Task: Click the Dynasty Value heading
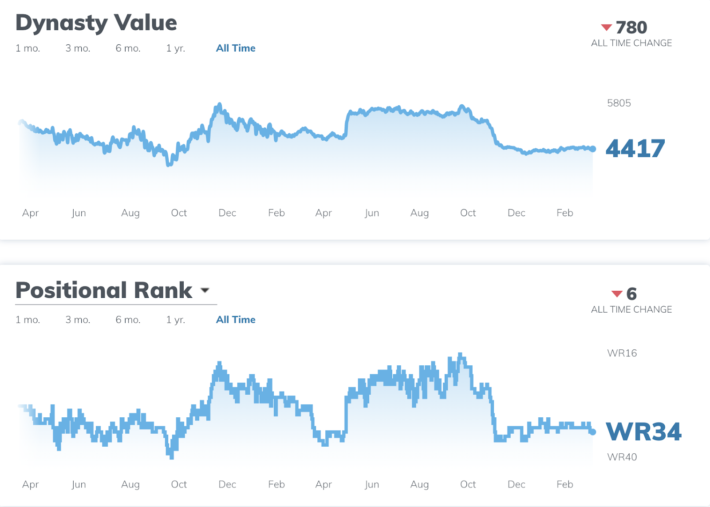(96, 23)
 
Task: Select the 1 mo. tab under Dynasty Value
(28, 48)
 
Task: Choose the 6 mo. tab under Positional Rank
(128, 320)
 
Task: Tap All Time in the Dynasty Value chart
(236, 48)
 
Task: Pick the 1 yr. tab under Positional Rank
(175, 320)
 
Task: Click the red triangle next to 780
(606, 28)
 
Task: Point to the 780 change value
(631, 28)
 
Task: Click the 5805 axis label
(619, 103)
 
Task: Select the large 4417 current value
(635, 149)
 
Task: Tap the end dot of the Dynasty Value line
(592, 149)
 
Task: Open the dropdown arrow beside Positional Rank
(205, 290)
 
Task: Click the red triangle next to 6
(617, 294)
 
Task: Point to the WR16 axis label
(622, 353)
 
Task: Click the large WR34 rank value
(643, 432)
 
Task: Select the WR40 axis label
(622, 457)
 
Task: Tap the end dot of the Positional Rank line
(592, 432)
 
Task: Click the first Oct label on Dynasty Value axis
(179, 213)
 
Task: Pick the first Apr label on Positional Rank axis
(30, 484)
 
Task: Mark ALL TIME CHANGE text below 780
(631, 43)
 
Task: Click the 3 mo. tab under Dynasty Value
(78, 48)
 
